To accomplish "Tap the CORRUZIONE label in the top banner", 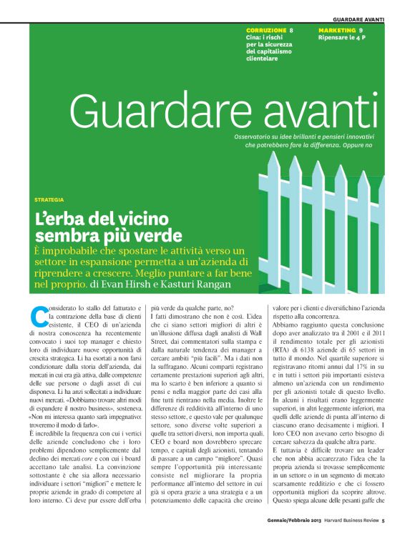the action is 266,30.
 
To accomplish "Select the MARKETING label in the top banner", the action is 337,30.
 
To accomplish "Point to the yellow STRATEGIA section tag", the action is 49,199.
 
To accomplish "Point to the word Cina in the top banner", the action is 253,38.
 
